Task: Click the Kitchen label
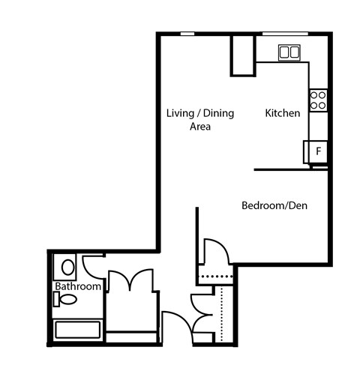[x=283, y=113]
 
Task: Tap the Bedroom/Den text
[x=274, y=205]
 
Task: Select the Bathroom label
[x=77, y=287]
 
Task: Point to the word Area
[x=199, y=127]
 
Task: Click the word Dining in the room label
[x=218, y=113]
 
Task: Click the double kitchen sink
[x=289, y=52]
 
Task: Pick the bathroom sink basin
[x=67, y=266]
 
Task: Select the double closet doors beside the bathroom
[x=131, y=281]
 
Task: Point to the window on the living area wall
[x=188, y=32]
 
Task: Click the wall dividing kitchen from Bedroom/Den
[x=289, y=170]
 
